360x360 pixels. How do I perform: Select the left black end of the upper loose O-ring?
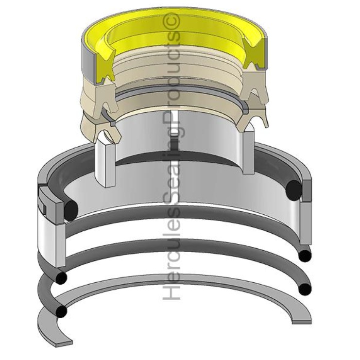(61, 277)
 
